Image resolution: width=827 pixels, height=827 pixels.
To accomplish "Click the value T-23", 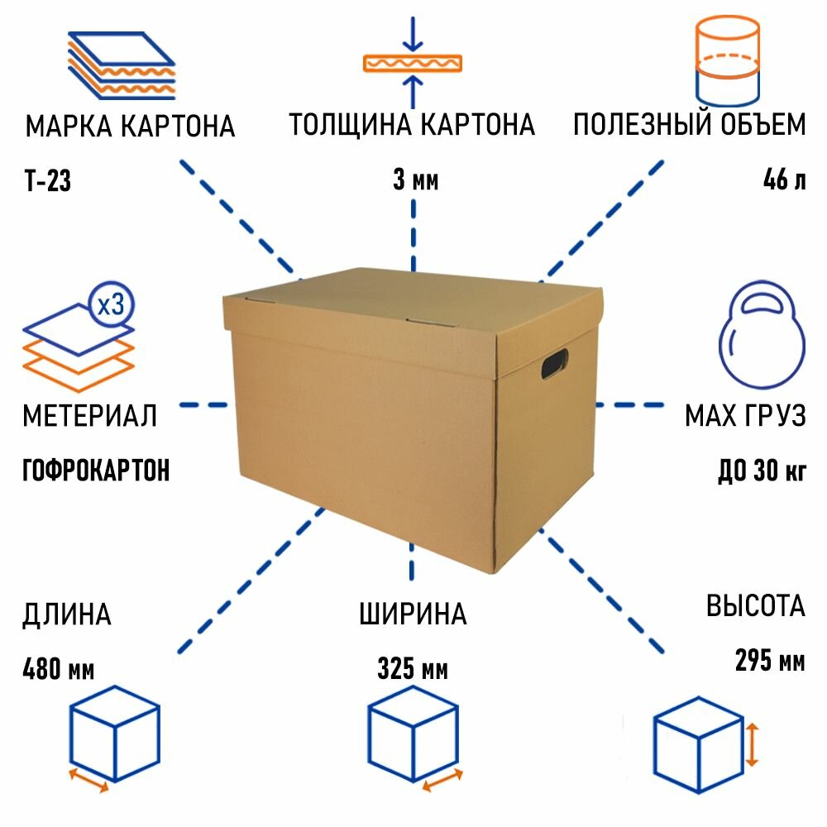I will click(47, 181).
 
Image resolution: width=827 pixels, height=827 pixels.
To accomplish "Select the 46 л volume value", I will click(784, 180).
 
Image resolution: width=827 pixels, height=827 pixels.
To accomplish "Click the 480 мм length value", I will click(59, 668).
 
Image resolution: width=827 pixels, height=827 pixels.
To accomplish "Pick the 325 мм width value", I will click(413, 668).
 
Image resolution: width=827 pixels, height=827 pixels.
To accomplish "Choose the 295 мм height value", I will click(769, 661).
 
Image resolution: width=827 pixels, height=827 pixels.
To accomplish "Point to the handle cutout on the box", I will click(554, 364).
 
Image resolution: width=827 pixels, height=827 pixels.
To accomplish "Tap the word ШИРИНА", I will click(413, 614).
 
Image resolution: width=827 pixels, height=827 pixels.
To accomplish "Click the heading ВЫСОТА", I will click(755, 606).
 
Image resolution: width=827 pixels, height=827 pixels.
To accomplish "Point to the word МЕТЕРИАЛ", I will click(89, 416).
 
